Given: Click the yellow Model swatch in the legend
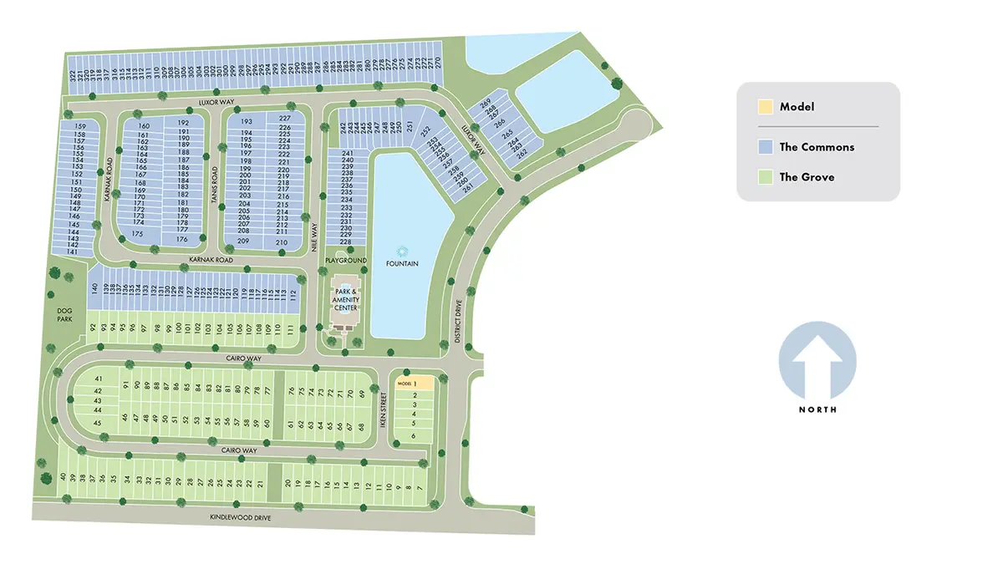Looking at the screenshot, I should tap(765, 107).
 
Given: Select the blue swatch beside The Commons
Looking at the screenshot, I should tap(765, 147).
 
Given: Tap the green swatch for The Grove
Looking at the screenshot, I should tap(765, 177).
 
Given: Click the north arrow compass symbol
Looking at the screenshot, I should tap(817, 361).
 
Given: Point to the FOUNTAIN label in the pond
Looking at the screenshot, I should tap(402, 264).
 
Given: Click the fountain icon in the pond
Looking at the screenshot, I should tap(402, 251).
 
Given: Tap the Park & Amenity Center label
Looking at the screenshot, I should tap(347, 299).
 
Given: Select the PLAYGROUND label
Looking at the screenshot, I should tap(347, 261).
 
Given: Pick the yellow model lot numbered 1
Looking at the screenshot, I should tap(415, 383).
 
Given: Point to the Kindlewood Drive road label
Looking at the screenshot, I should tap(240, 518).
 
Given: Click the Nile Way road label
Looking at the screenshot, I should tap(315, 236).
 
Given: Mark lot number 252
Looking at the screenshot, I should tap(425, 131).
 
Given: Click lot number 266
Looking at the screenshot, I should tap(500, 122).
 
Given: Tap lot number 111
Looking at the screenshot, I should tap(291, 328).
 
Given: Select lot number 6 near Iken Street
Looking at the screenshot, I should tap(414, 436).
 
